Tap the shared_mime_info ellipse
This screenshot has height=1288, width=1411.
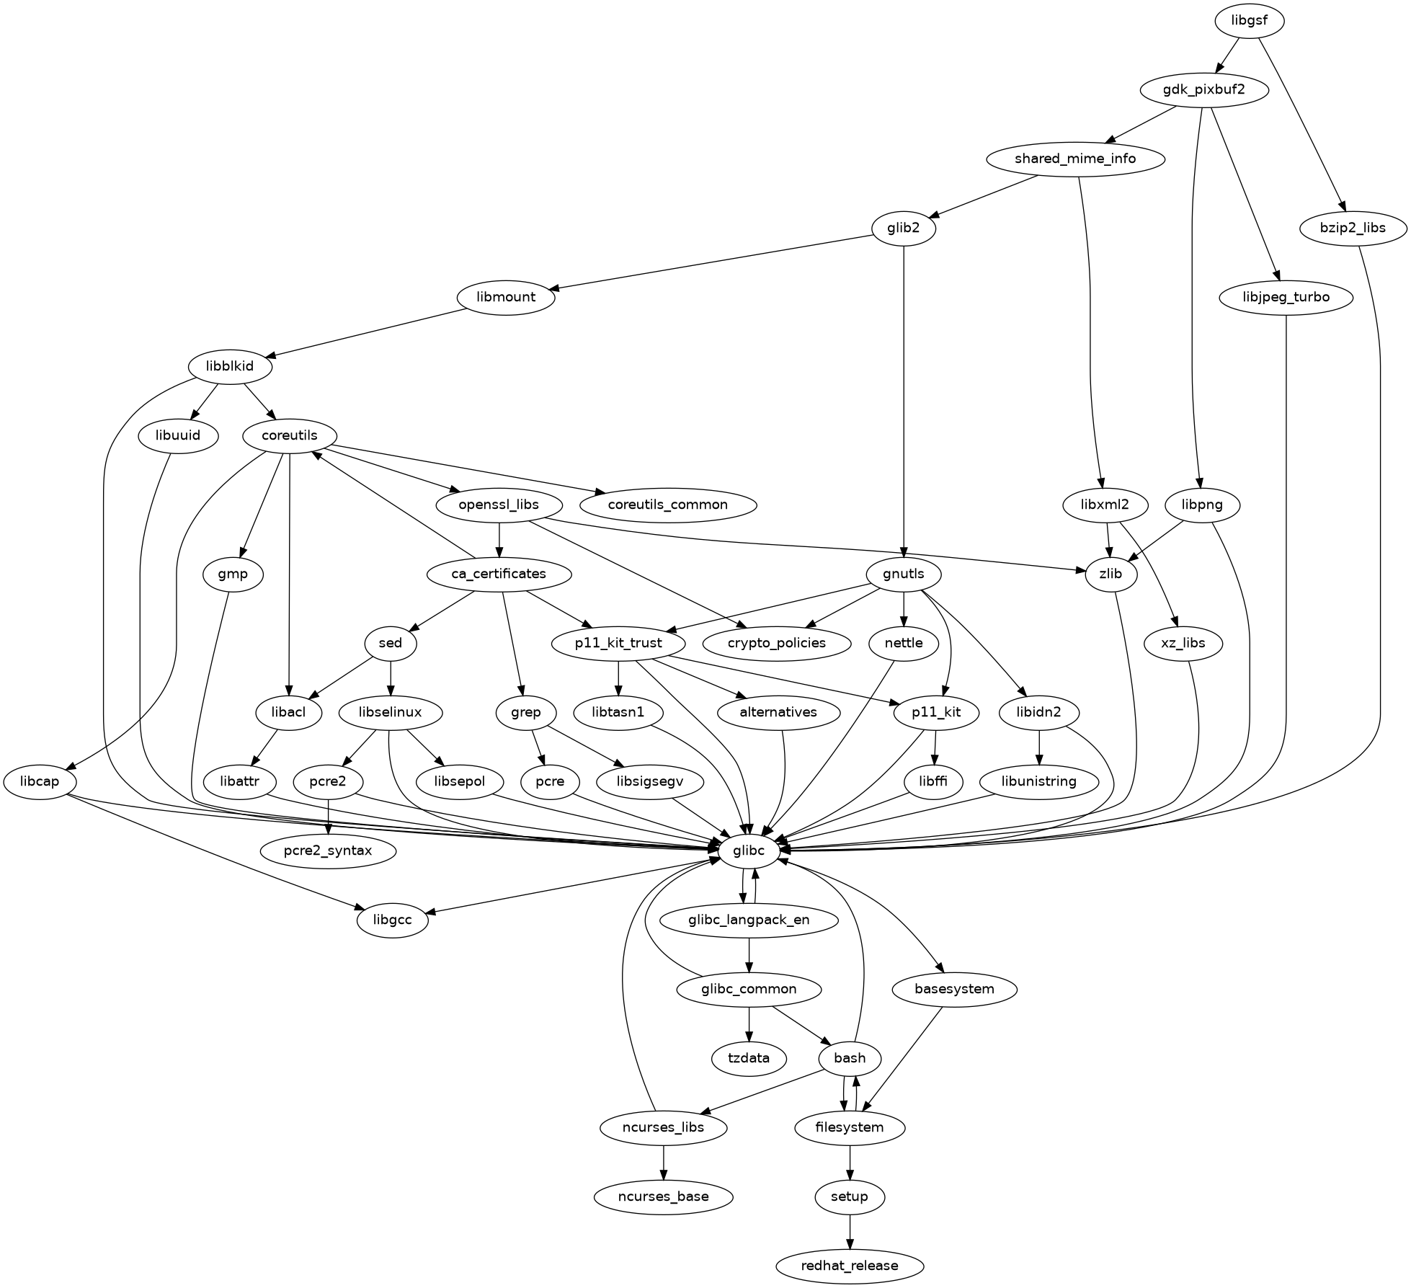pyautogui.click(x=1074, y=159)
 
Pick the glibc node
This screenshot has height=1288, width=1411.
pyautogui.click(x=749, y=851)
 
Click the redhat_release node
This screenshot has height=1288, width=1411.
pyautogui.click(x=850, y=1266)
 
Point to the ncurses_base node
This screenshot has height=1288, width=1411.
pyautogui.click(x=663, y=1197)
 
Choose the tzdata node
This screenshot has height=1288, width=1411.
pyautogui.click(x=749, y=1059)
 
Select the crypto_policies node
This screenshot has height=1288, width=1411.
pyautogui.click(x=776, y=644)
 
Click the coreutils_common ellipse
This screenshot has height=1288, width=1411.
pyautogui.click(x=667, y=505)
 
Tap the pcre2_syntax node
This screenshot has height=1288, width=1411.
pyautogui.click(x=328, y=851)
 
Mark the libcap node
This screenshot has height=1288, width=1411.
pyautogui.click(x=40, y=782)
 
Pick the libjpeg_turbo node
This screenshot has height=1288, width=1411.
pyautogui.click(x=1286, y=298)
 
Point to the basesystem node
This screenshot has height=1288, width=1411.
pyautogui.click(x=954, y=990)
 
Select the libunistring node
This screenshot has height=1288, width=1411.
pyautogui.click(x=1038, y=782)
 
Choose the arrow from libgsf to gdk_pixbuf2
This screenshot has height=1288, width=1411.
pyautogui.click(x=1228, y=54)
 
